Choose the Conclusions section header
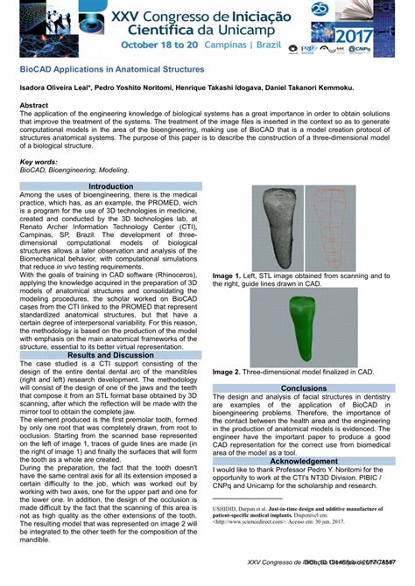pos(303,388)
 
